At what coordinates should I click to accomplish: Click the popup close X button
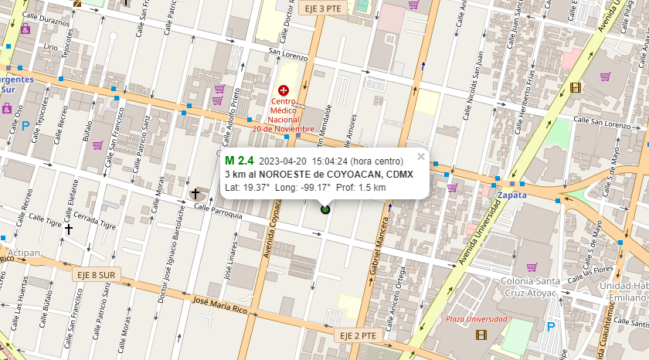click(x=421, y=156)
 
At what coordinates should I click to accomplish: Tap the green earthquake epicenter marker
click(x=324, y=209)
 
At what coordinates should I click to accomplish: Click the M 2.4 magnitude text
click(x=239, y=161)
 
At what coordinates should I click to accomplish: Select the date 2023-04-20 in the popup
click(x=283, y=161)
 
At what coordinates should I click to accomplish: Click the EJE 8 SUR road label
click(x=96, y=275)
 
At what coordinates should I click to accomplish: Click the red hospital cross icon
click(x=283, y=90)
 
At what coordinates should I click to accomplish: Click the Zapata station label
click(x=512, y=195)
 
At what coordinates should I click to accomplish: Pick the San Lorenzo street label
click(x=287, y=55)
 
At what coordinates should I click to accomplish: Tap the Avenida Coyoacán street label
click(x=272, y=233)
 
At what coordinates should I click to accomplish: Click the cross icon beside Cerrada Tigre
click(x=69, y=229)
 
